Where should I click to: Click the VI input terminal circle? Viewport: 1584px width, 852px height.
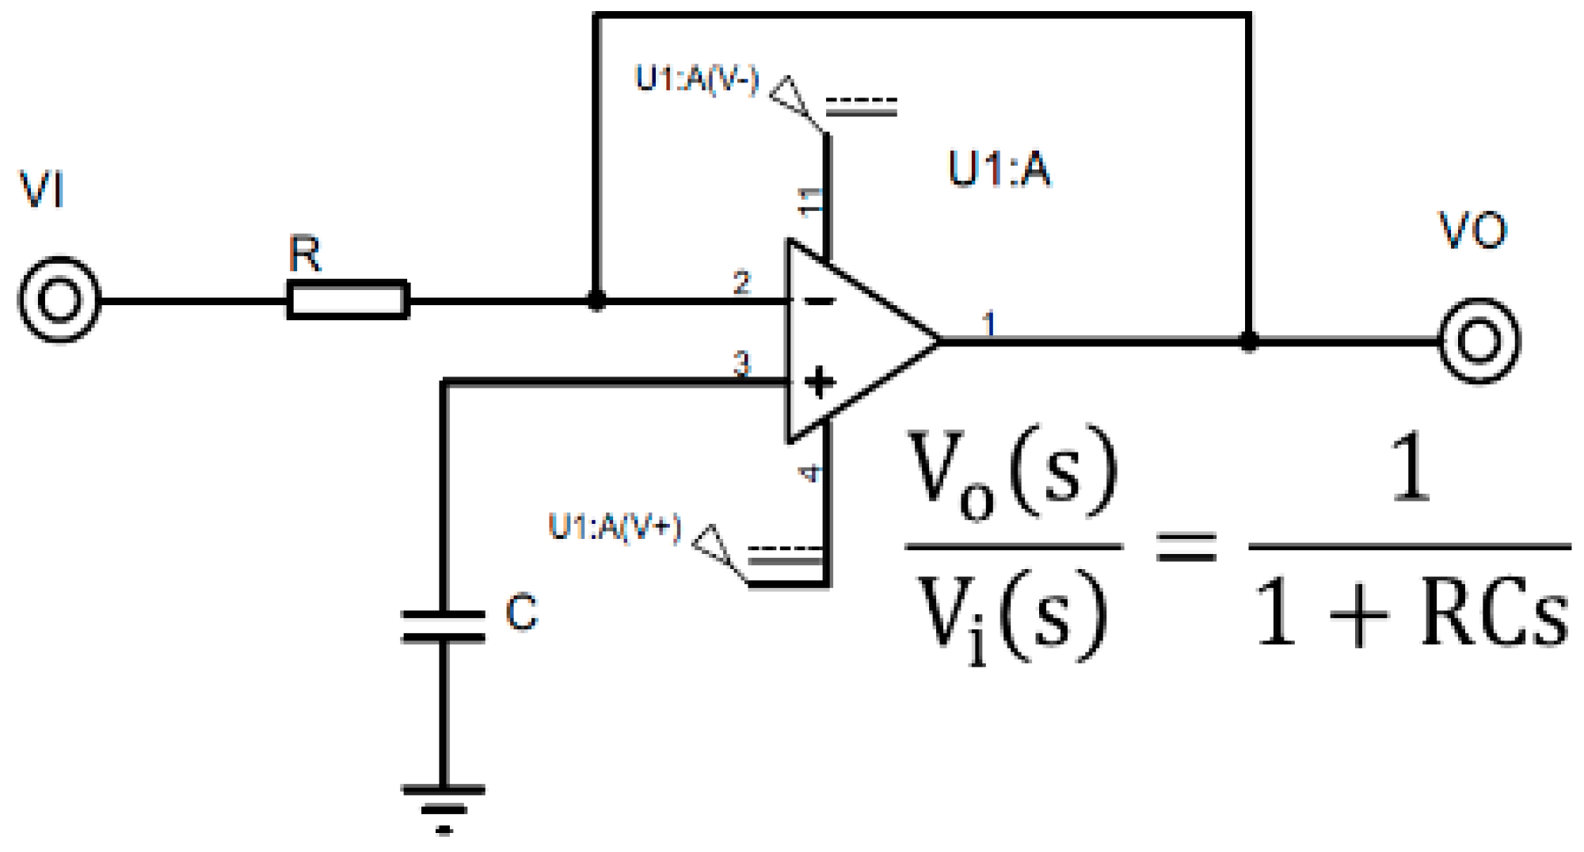point(59,300)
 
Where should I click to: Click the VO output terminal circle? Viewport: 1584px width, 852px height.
point(1479,341)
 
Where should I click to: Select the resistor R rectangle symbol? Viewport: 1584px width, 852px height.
point(348,300)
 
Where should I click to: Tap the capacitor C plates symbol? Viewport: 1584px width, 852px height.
point(444,625)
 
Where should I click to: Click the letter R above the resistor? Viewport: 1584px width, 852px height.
point(305,254)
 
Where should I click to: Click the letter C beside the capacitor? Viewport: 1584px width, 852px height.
point(521,613)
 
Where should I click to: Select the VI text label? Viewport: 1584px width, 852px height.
point(41,190)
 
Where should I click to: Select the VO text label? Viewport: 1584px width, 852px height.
point(1472,231)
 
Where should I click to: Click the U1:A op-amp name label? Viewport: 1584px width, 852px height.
point(1000,169)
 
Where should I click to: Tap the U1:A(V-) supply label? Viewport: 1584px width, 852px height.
point(697,80)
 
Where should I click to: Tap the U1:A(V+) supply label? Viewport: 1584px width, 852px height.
point(615,527)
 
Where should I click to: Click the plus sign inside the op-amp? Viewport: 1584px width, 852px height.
point(820,383)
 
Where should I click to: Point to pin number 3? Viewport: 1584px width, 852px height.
point(741,364)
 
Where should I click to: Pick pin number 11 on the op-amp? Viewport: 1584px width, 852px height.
point(810,201)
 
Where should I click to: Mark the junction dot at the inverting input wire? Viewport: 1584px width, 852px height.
point(596,300)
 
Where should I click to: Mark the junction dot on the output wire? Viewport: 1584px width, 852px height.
point(1248,341)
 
